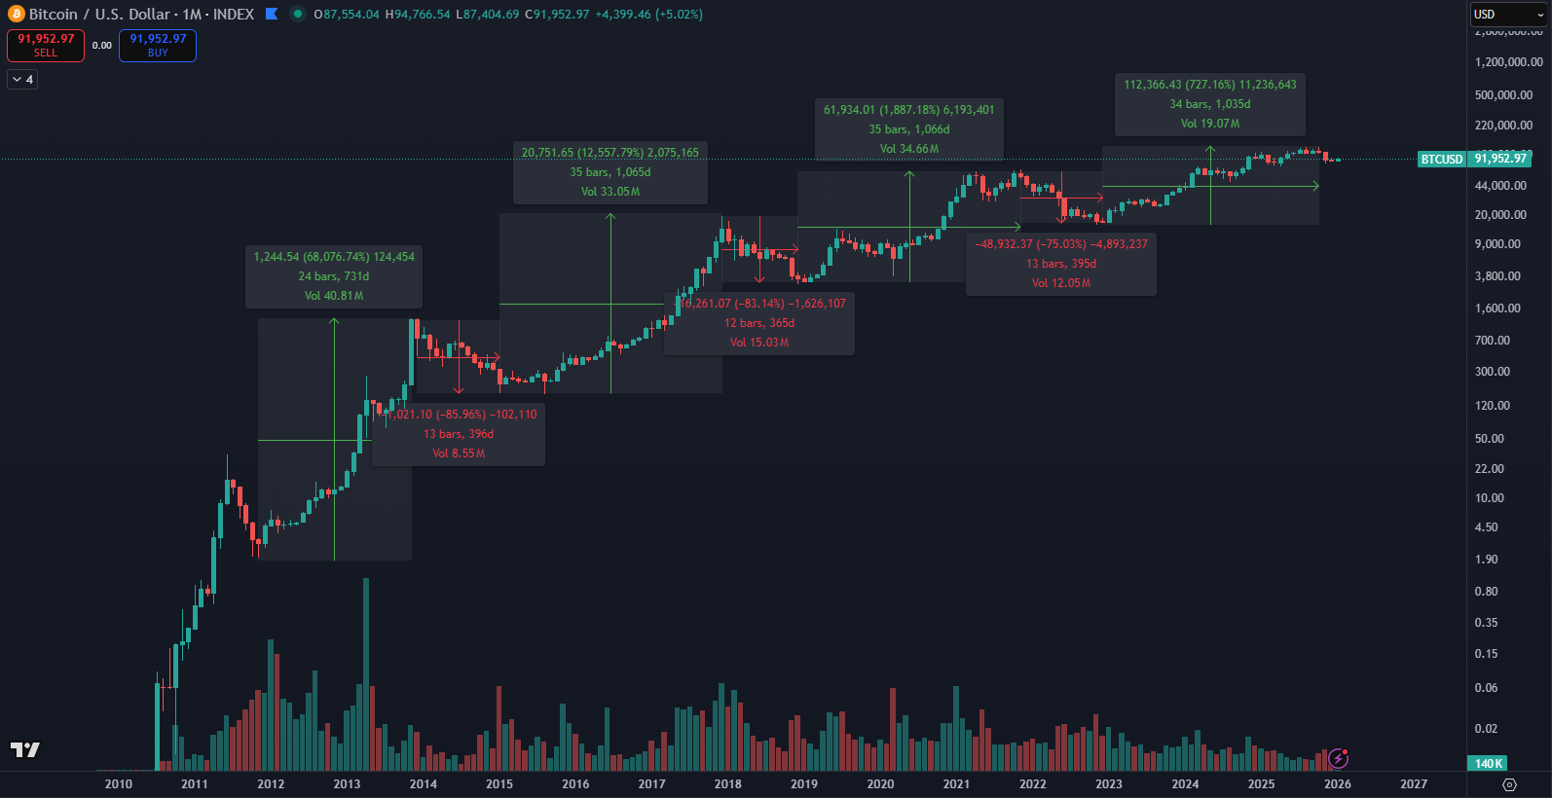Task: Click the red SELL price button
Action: click(46, 45)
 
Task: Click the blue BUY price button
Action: click(158, 45)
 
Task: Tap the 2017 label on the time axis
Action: click(651, 783)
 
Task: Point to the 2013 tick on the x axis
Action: click(347, 783)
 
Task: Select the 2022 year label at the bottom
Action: click(1032, 783)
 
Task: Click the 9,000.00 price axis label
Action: click(1497, 244)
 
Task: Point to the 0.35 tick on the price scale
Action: click(1486, 623)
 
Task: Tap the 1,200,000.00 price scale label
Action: click(1508, 62)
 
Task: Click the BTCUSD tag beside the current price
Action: click(1441, 159)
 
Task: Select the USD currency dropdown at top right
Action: click(1506, 15)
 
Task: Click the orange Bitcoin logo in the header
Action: click(17, 15)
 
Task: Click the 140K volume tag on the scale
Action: click(1489, 763)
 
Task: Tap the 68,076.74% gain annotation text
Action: click(334, 257)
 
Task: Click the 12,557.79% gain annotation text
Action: click(610, 153)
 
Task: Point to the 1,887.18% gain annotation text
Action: click(908, 110)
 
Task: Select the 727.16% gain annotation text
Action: click(1209, 85)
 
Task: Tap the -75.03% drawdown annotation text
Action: click(1061, 244)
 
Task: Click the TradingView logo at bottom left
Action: click(25, 748)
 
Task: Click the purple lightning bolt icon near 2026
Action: click(1338, 758)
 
